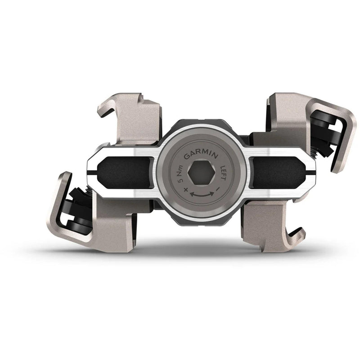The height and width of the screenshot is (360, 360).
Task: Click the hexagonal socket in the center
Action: click(201, 173)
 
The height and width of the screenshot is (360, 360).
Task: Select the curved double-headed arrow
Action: click(202, 194)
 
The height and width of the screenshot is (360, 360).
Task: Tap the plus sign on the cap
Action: click(185, 191)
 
